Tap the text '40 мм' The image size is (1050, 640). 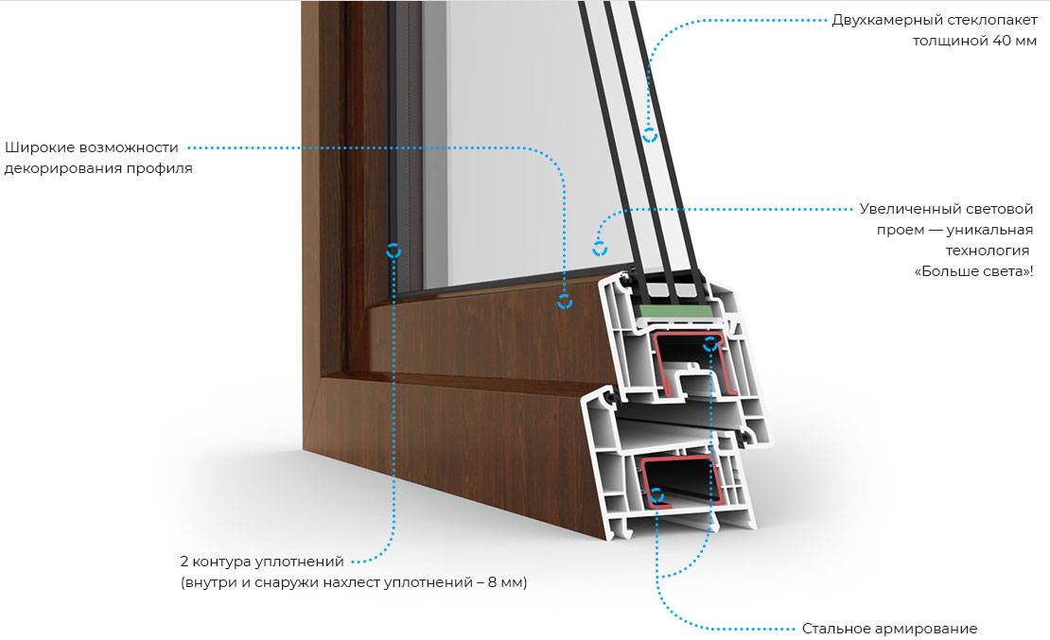point(1014,41)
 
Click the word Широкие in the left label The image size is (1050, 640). point(38,147)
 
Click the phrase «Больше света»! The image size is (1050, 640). point(973,271)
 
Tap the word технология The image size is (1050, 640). point(987,251)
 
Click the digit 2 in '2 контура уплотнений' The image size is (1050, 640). point(184,561)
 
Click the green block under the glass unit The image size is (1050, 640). point(674,311)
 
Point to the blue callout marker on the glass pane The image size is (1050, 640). point(650,134)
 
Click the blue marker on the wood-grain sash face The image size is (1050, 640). point(565,302)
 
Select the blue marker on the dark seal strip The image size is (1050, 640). point(394,251)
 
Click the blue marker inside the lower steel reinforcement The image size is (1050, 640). point(656,495)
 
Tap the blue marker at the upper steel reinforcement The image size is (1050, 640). point(709,344)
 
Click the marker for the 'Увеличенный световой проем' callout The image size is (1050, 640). point(600,248)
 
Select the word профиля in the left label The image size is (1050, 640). point(163,168)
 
